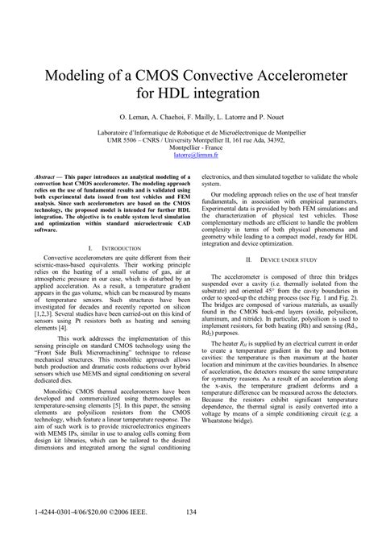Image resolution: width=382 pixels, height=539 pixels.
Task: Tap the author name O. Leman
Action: [x=131, y=117]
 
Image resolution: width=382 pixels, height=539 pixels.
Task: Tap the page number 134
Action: [x=191, y=512]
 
